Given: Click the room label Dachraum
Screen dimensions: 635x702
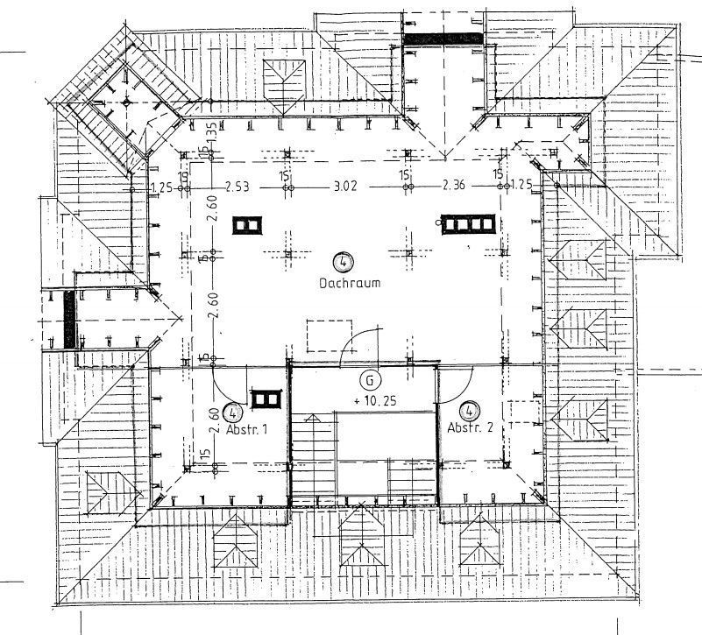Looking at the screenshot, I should (x=342, y=285).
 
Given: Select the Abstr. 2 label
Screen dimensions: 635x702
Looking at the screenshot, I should (x=471, y=427).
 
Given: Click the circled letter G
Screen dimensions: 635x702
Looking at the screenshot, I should (x=371, y=380).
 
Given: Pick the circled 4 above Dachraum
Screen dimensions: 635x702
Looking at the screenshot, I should (x=342, y=260).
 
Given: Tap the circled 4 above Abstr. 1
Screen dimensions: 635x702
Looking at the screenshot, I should (x=233, y=412).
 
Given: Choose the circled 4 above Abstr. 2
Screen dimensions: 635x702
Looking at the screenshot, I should (x=471, y=409).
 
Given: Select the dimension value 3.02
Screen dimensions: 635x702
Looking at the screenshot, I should (x=345, y=186).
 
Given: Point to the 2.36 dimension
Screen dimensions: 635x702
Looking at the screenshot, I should (x=453, y=186).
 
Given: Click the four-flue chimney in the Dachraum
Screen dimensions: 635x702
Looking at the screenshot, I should (x=467, y=225).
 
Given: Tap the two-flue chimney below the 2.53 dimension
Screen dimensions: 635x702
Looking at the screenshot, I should (x=248, y=225).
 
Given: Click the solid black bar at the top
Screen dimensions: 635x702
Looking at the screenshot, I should (x=443, y=39).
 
